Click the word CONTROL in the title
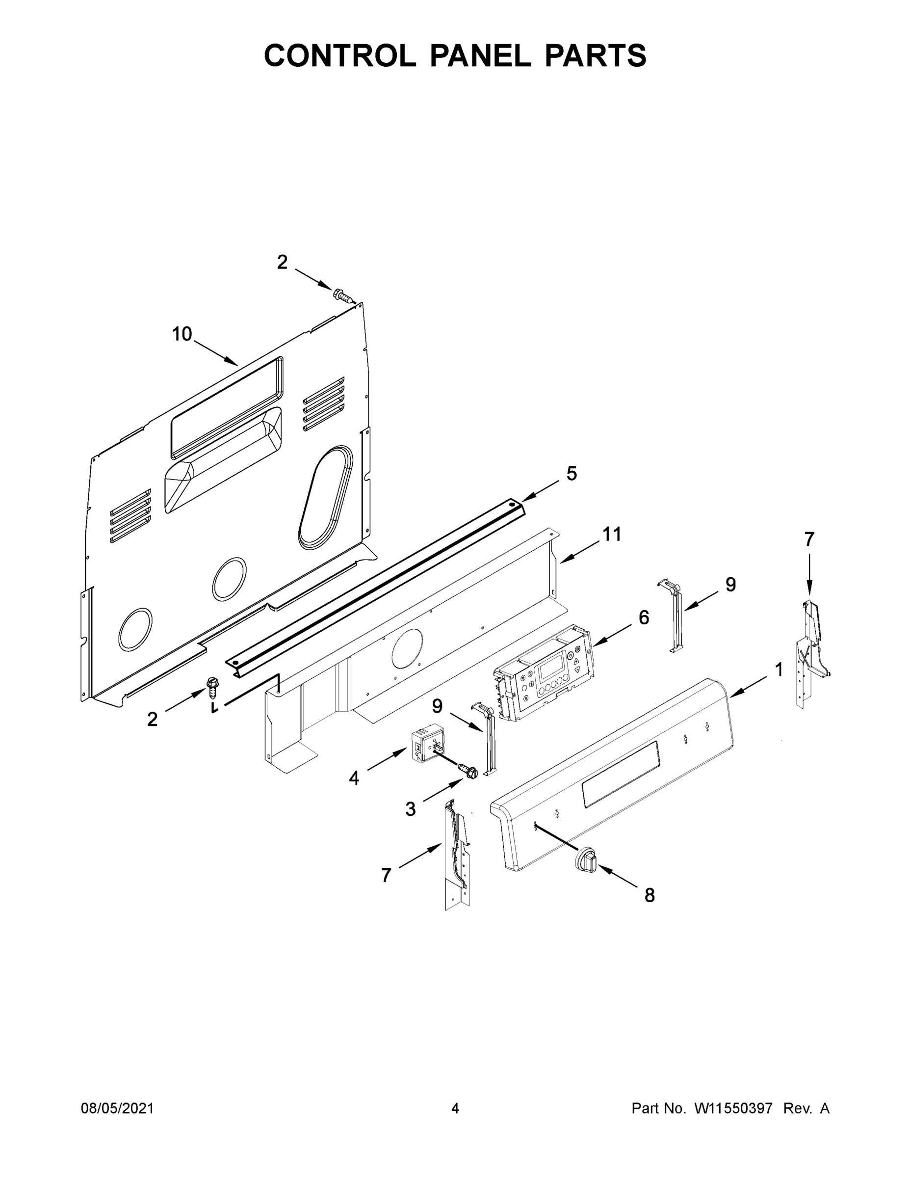click(339, 55)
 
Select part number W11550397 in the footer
click(733, 1108)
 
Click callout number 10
click(182, 334)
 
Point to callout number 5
click(572, 474)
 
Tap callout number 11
click(612, 534)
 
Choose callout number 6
click(644, 617)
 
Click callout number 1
click(779, 670)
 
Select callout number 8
click(650, 895)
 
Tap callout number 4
click(354, 778)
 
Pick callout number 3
click(410, 809)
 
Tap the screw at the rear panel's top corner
click(342, 294)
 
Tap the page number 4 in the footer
click(455, 1108)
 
